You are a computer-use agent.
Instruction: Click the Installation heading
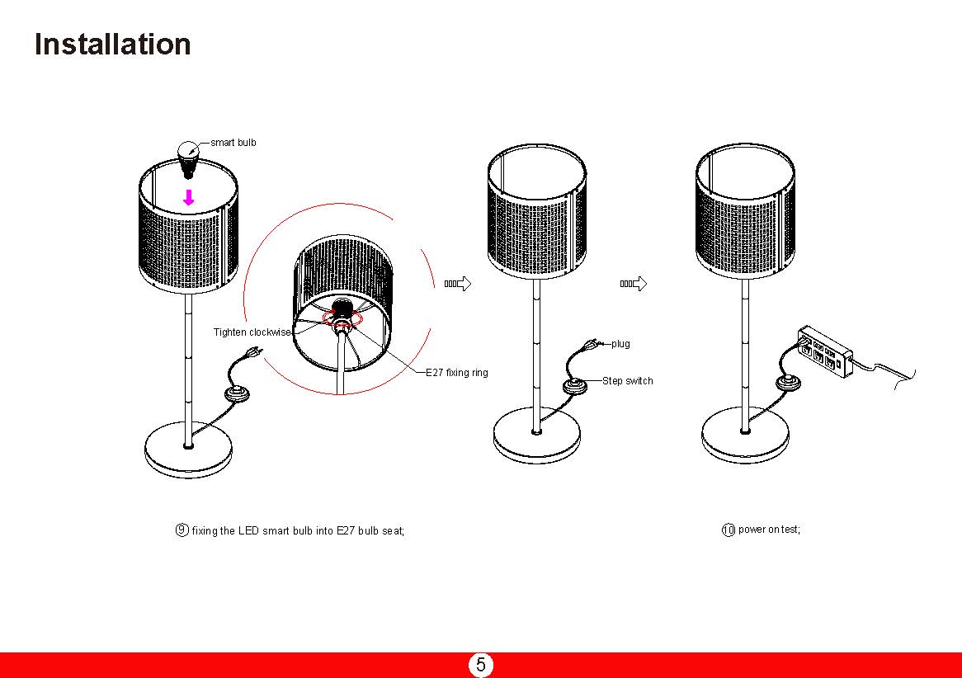(112, 44)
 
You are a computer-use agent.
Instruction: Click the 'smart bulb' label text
(233, 143)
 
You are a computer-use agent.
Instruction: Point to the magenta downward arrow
(189, 197)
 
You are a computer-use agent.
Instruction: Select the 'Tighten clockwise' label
(252, 332)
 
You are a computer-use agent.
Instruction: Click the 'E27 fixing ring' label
(456, 373)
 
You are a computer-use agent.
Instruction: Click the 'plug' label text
(620, 344)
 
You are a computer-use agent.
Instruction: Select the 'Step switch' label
(627, 381)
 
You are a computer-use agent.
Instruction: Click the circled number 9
(182, 530)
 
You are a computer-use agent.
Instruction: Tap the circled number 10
(728, 530)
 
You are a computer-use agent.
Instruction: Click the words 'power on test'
(769, 530)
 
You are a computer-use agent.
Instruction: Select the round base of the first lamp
(188, 451)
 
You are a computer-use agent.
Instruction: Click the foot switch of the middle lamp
(574, 386)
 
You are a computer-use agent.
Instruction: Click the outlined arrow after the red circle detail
(458, 284)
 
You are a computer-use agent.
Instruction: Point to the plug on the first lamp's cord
(254, 353)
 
